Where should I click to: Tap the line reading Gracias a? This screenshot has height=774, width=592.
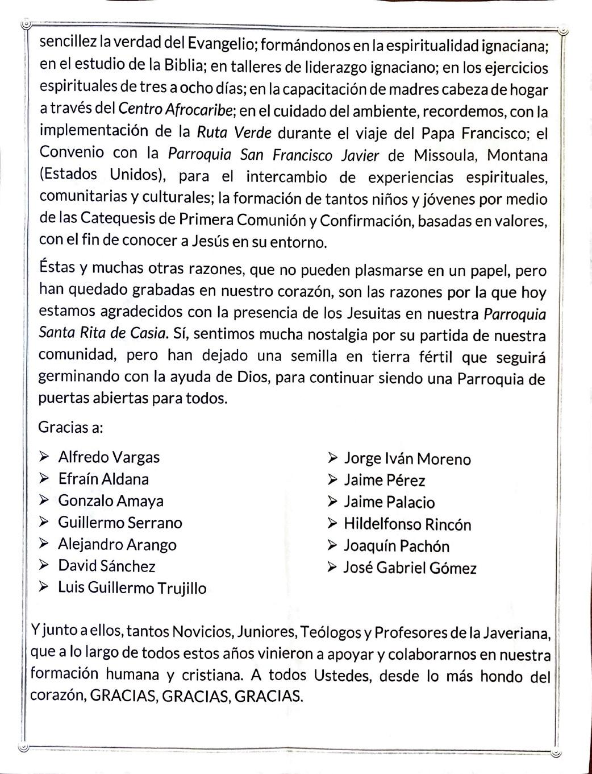(70, 427)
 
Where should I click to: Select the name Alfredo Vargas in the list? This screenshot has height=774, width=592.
(109, 457)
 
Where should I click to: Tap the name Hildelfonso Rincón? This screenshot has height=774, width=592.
(407, 524)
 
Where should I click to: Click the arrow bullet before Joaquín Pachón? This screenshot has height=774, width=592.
(332, 545)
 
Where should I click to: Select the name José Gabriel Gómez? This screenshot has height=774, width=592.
(410, 568)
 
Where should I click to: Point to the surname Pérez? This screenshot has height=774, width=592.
(406, 481)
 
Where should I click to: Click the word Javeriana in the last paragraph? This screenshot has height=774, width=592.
(515, 632)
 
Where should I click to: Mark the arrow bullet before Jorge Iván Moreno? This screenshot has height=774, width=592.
(332, 458)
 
